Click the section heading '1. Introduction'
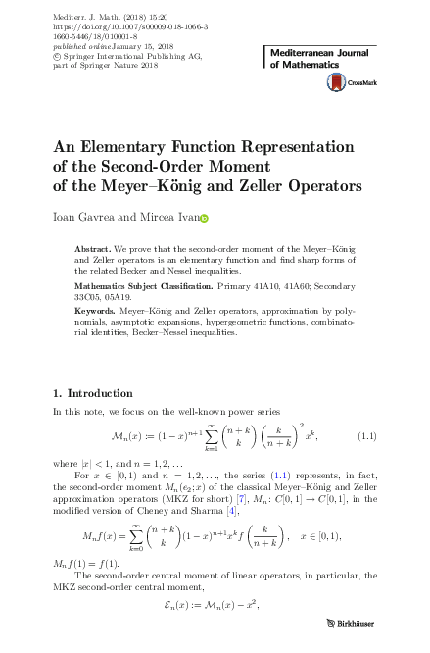click(x=92, y=393)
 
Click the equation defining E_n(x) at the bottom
click(x=215, y=608)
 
